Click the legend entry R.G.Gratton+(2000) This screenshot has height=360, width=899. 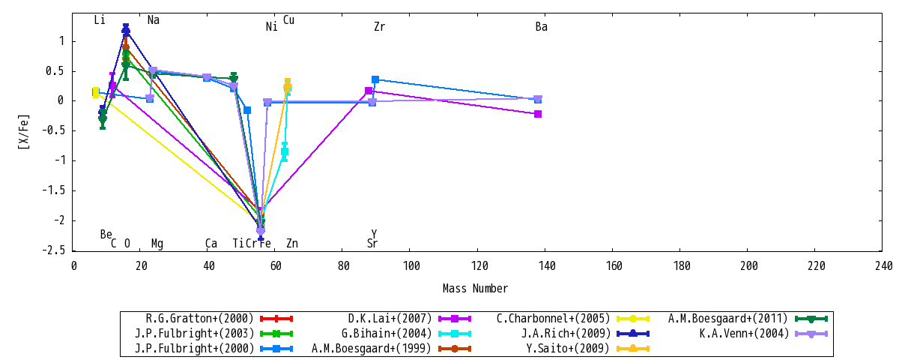(x=219, y=319)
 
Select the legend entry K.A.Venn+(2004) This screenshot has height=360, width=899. (x=763, y=334)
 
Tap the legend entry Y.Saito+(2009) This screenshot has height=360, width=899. (x=587, y=348)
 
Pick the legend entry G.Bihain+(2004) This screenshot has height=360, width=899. (x=406, y=334)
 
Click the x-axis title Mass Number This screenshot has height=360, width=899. (x=475, y=289)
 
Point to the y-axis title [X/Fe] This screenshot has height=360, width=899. (x=24, y=132)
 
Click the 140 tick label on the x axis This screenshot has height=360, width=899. (x=547, y=266)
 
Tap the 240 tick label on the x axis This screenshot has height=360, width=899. (x=884, y=266)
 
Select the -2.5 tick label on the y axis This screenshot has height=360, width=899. (x=53, y=250)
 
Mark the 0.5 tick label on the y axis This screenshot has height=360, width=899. (x=55, y=71)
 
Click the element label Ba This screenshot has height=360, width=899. (x=542, y=27)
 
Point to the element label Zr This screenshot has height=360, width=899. (x=380, y=27)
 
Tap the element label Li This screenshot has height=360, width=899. (x=100, y=20)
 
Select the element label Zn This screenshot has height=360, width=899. (x=292, y=243)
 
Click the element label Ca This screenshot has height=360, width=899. (x=211, y=243)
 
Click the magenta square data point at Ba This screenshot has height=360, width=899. (x=538, y=114)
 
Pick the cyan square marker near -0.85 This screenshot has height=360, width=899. (x=285, y=151)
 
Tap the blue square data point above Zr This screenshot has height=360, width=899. (x=375, y=79)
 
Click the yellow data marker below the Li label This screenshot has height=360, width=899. (x=96, y=93)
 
